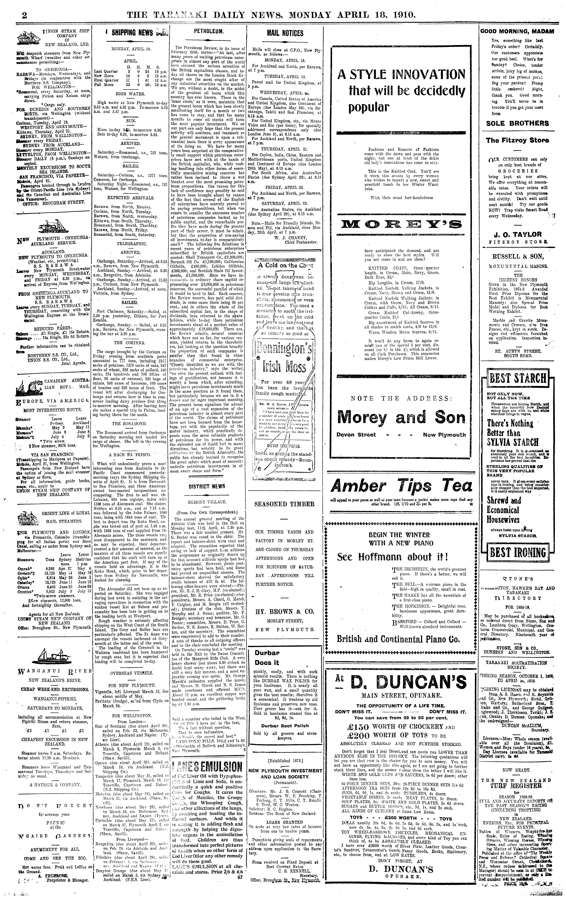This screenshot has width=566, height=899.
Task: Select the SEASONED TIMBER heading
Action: tap(284, 504)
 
